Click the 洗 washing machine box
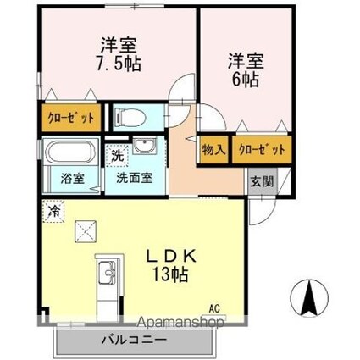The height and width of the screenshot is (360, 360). click(119, 156)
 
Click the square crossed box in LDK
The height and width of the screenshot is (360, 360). click(86, 230)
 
